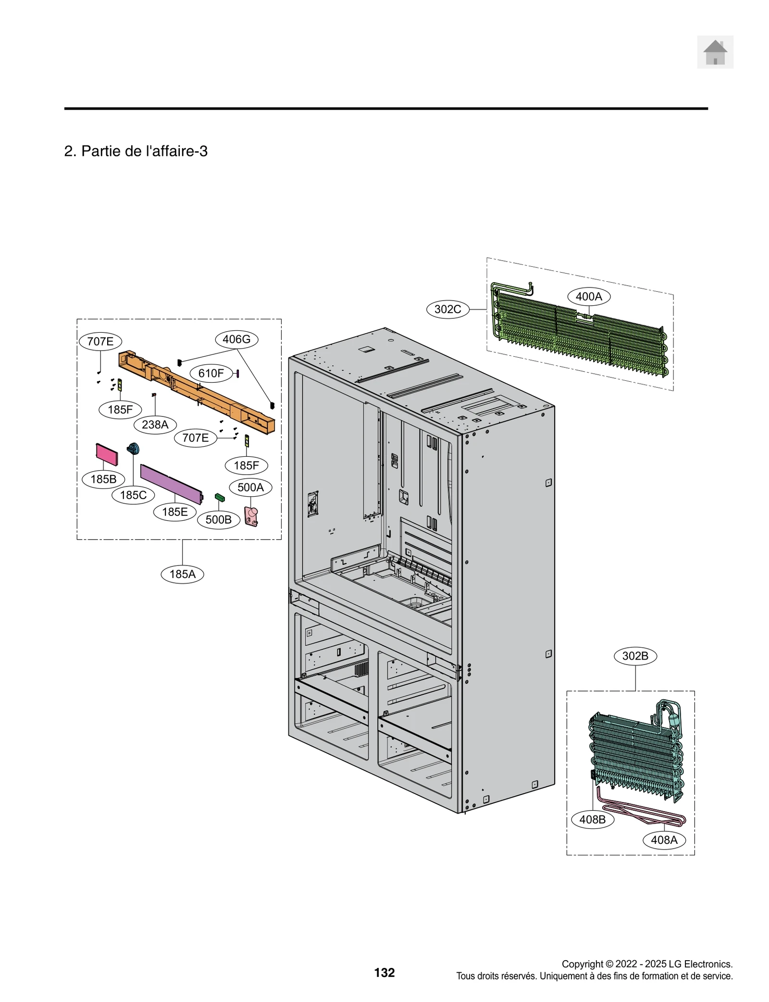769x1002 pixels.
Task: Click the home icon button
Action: [715, 52]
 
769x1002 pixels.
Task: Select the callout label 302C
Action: [447, 309]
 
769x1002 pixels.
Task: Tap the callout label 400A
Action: [589, 296]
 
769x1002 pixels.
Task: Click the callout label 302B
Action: [635, 656]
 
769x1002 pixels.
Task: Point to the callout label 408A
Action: [664, 840]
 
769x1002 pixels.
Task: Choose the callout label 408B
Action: [592, 819]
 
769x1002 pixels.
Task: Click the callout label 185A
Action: [182, 574]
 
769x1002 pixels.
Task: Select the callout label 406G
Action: [236, 339]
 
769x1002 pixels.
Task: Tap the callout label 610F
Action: [211, 373]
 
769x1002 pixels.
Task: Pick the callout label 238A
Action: [155, 425]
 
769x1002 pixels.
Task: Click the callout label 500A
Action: [250, 487]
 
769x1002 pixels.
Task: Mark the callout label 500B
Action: [218, 519]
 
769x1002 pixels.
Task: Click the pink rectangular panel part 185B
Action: [107, 454]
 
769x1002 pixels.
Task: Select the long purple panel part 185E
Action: [171, 484]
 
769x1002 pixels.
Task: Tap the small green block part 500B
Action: [220, 497]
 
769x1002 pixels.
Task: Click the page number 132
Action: [384, 973]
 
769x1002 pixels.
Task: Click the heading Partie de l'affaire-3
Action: [136, 151]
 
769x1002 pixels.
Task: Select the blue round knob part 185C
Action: [133, 449]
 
